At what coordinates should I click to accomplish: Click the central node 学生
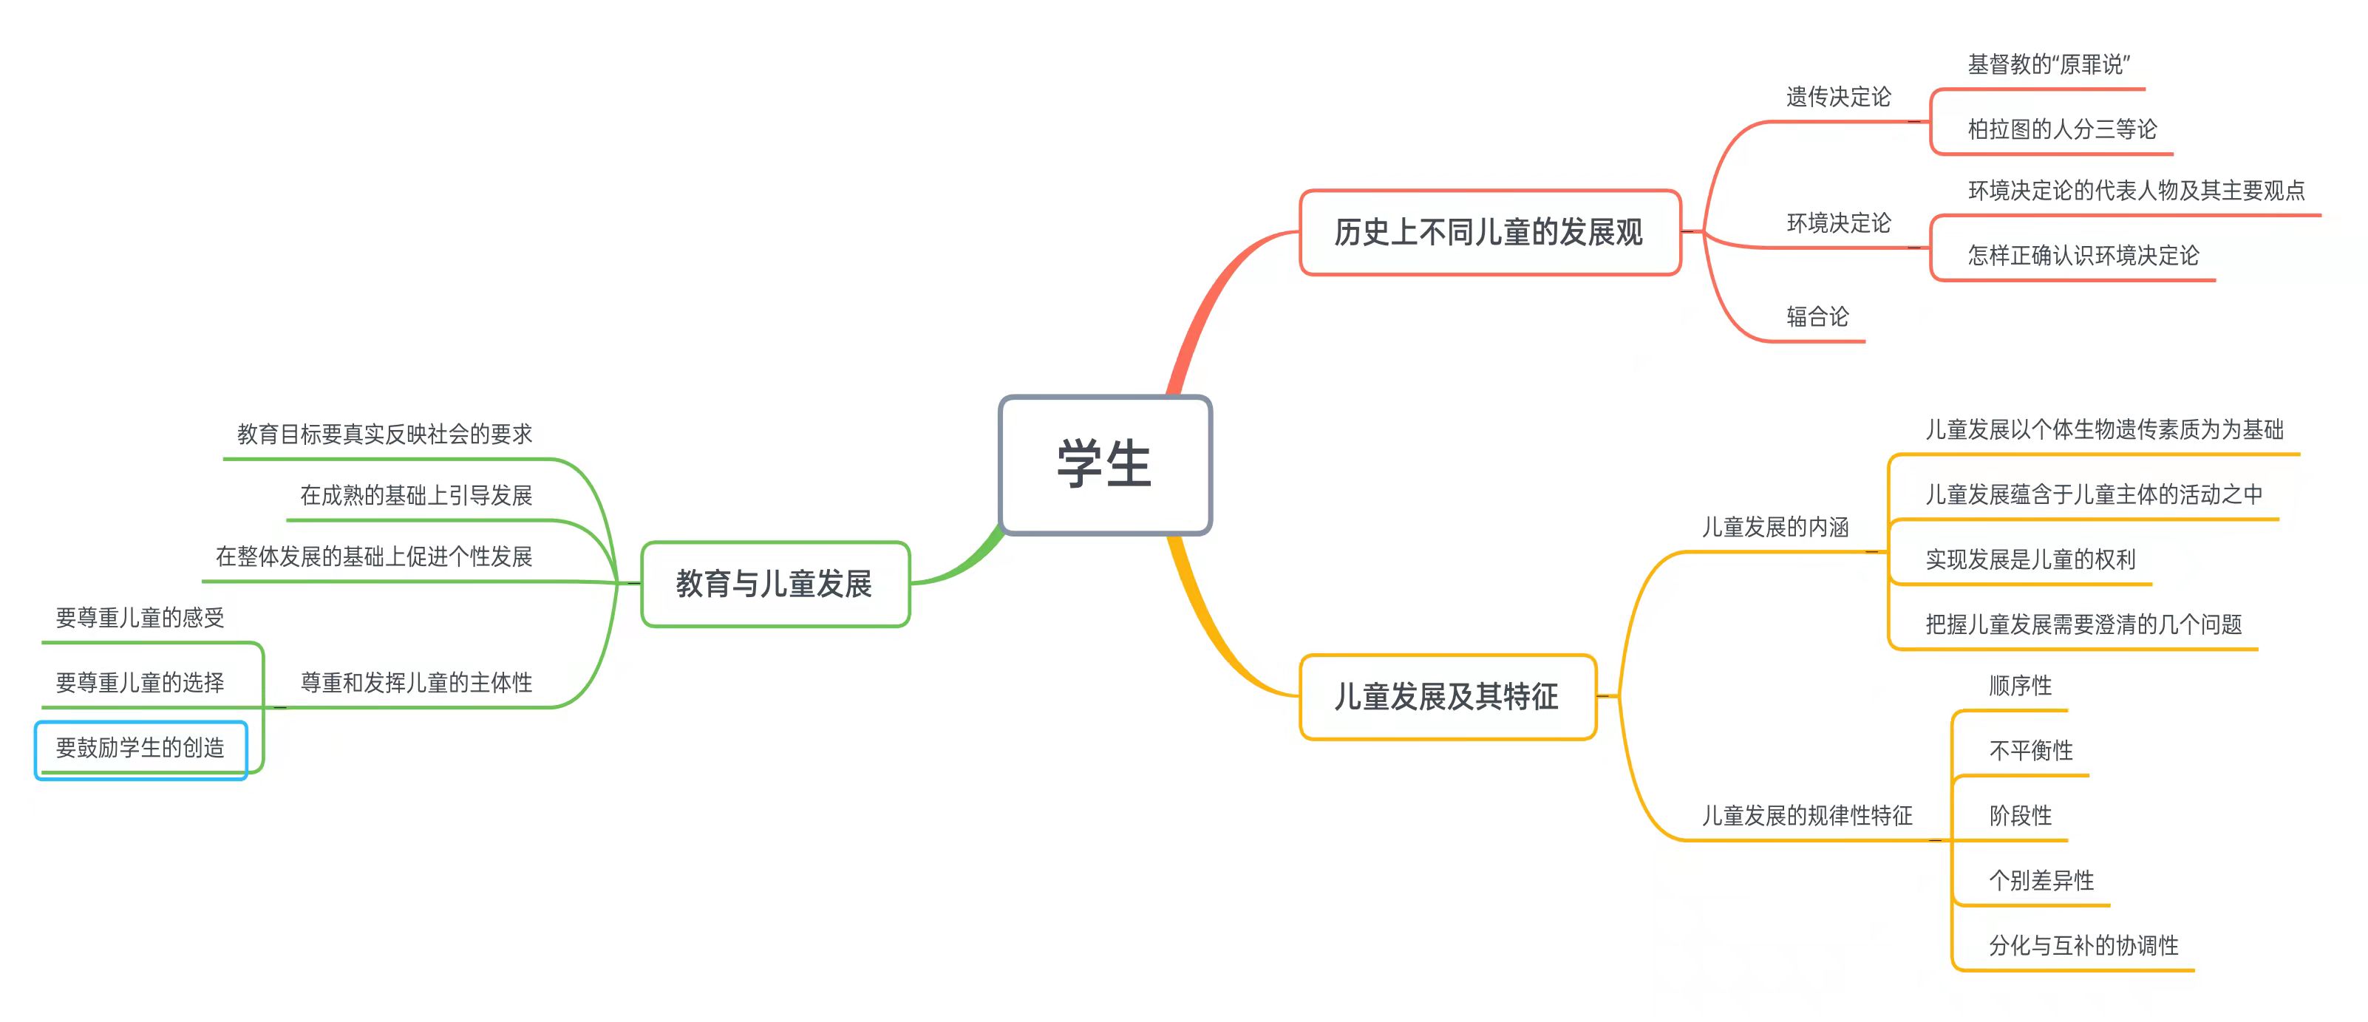point(1104,464)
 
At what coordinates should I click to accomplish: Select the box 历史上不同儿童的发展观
point(1489,233)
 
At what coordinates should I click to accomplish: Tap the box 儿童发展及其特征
point(1447,697)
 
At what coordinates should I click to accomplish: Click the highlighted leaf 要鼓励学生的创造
point(140,748)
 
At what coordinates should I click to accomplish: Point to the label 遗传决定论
point(1839,97)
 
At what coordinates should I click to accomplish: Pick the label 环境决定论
point(1839,222)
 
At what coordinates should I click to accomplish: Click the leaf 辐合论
point(1817,317)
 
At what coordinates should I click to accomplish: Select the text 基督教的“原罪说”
point(2049,64)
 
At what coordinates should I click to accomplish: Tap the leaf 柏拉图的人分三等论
point(2062,129)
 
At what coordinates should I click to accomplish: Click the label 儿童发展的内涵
point(1775,527)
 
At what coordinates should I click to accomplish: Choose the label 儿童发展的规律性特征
point(1807,815)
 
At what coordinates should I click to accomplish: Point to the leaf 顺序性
point(2021,686)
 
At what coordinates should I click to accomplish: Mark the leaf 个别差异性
point(2041,880)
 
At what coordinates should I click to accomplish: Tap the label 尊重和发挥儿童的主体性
point(416,682)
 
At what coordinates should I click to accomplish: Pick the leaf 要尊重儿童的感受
point(140,618)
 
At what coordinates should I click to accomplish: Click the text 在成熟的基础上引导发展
point(416,495)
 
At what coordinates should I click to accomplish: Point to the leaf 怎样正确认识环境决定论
point(2083,256)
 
